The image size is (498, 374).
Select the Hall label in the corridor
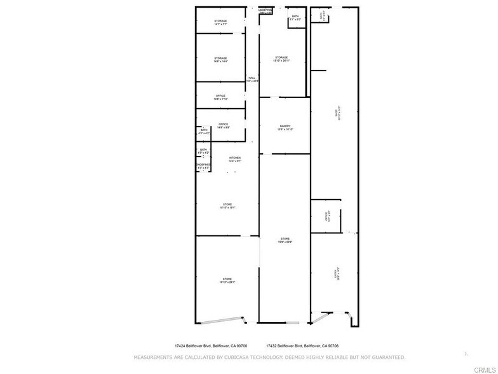pyautogui.click(x=252, y=79)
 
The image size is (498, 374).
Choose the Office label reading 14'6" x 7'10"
pyautogui.click(x=220, y=97)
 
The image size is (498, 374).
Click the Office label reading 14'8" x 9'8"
pyautogui.click(x=223, y=125)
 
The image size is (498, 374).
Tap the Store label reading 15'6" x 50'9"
pyautogui.click(x=285, y=240)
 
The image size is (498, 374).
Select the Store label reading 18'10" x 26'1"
pyautogui.click(x=227, y=280)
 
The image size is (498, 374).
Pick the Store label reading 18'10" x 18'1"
pyautogui.click(x=227, y=205)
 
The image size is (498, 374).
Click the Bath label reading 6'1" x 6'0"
pyautogui.click(x=295, y=18)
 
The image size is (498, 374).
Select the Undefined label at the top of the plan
pyautogui.click(x=266, y=11)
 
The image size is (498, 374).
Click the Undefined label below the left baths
pyautogui.click(x=203, y=166)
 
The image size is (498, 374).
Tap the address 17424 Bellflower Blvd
pyautogui.click(x=211, y=346)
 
